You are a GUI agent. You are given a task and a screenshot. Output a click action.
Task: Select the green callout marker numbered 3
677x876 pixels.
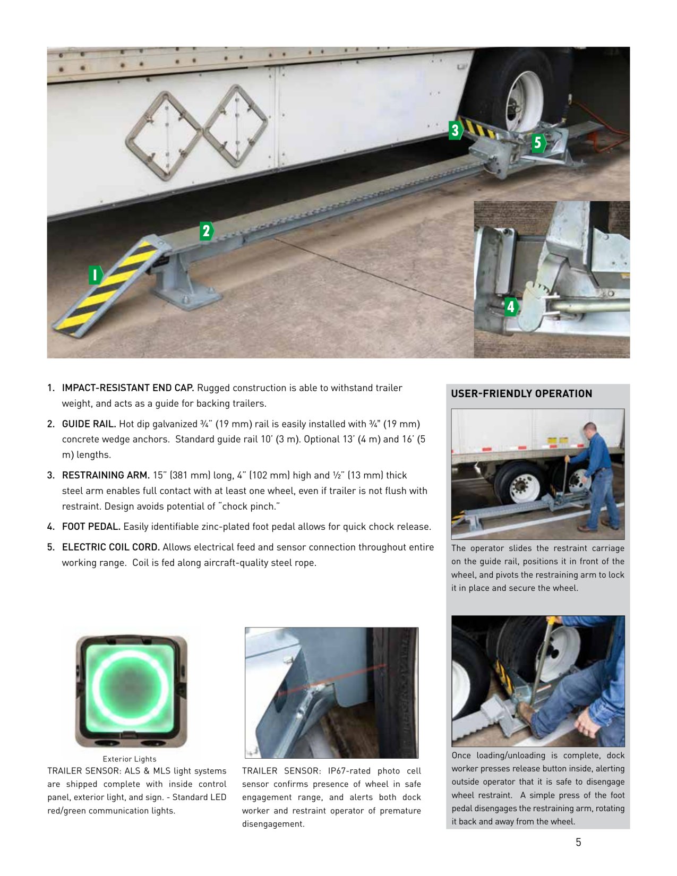coord(455,130)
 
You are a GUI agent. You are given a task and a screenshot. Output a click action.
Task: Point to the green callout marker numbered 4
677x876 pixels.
coord(511,306)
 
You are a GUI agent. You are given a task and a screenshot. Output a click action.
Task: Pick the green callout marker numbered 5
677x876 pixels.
coord(538,142)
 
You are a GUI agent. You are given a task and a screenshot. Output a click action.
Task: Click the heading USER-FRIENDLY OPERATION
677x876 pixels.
coord(521,393)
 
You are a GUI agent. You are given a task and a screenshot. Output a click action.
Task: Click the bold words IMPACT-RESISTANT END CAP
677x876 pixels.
coord(128,388)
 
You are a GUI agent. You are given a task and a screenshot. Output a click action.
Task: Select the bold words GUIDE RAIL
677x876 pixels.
coord(89,424)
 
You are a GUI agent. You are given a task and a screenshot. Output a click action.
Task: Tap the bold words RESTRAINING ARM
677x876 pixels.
coord(106,475)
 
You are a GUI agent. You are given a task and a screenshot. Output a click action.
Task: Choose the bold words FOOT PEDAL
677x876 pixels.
coord(91,527)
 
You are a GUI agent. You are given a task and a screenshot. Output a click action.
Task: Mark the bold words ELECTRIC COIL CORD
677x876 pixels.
coord(110,547)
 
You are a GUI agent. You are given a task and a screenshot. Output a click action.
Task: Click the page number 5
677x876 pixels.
coord(578,843)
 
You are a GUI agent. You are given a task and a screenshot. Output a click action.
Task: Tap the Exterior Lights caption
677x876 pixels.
coord(129,759)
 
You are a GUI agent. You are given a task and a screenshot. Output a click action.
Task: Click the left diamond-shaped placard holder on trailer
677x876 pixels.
coord(164,136)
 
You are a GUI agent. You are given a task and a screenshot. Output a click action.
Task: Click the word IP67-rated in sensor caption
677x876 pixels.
coord(349,771)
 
